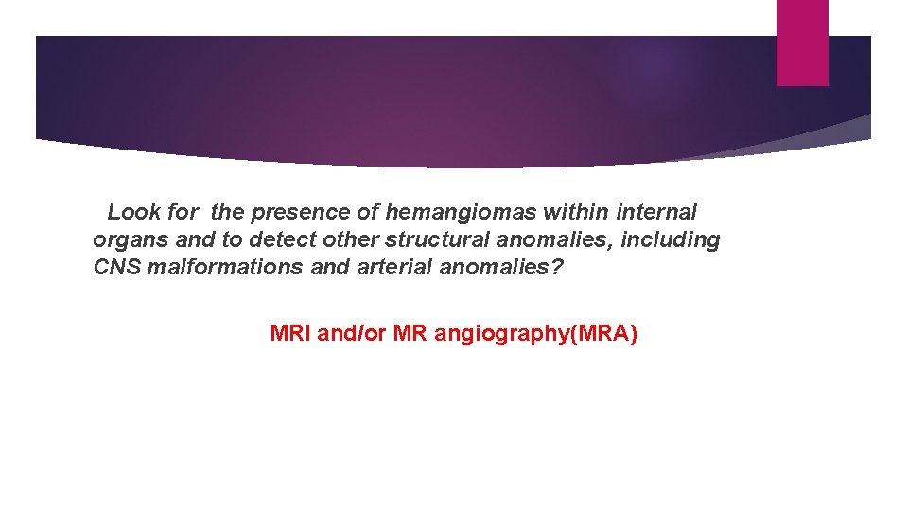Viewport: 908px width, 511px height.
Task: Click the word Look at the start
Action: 134,213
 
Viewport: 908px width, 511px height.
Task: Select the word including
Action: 671,240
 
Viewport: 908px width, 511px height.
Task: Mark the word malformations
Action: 225,268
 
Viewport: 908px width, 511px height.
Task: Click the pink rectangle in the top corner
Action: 802,43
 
